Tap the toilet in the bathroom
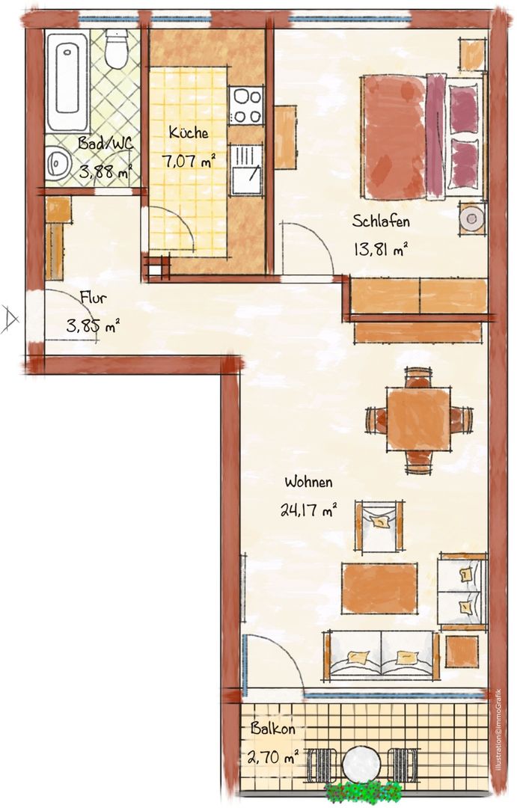click(116, 48)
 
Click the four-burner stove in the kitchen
click(246, 105)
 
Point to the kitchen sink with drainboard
click(246, 170)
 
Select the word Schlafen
click(381, 221)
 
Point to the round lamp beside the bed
click(472, 218)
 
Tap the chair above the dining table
click(418, 376)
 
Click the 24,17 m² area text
click(309, 511)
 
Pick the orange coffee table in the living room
click(379, 588)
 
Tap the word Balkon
click(272, 729)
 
